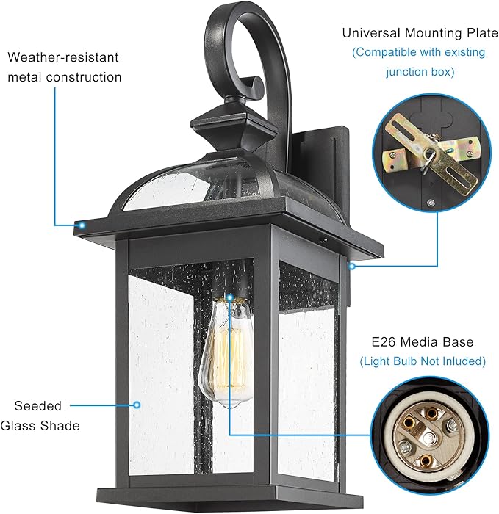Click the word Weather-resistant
coord(62,57)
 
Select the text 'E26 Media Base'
coord(423,342)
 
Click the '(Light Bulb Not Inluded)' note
coord(423,361)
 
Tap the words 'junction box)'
coord(421,71)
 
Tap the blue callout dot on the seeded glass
coord(137,403)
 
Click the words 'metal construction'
coord(65,76)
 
